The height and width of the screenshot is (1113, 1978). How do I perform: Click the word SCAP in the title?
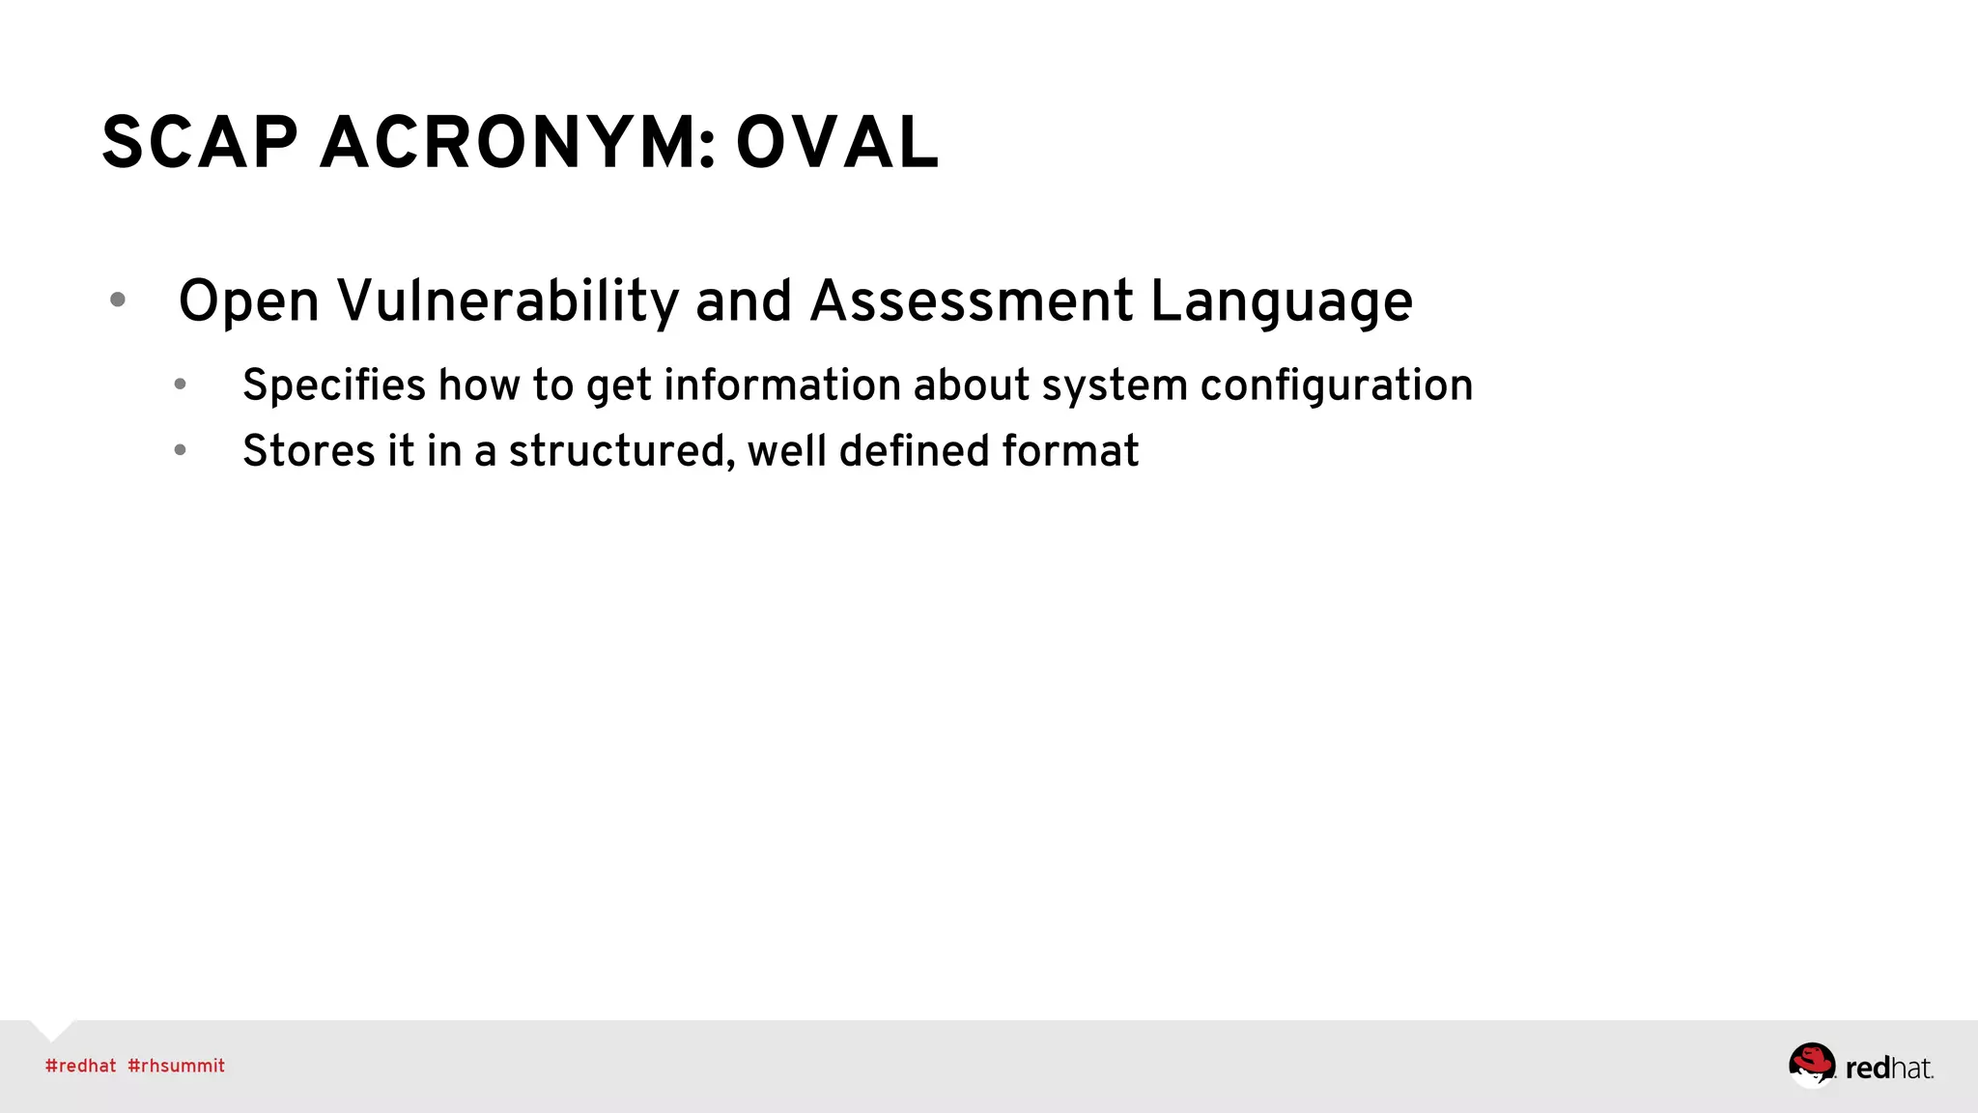tap(200, 143)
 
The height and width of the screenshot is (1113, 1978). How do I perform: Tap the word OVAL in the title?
tap(837, 143)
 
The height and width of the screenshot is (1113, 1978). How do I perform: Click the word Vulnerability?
tap(508, 301)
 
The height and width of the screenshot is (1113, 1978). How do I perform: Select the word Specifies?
tap(333, 385)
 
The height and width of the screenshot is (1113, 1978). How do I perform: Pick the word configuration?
tap(1337, 386)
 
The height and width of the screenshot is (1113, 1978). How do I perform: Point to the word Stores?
tap(308, 451)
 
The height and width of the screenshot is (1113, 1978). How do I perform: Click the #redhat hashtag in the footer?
tap(80, 1066)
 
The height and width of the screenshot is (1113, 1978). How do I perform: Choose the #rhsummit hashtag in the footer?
tap(176, 1066)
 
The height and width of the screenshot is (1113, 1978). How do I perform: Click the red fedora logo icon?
tap(1811, 1064)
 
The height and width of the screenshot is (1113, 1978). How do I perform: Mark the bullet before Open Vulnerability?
tap(118, 300)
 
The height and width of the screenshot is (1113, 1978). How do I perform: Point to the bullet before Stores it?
tap(181, 450)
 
